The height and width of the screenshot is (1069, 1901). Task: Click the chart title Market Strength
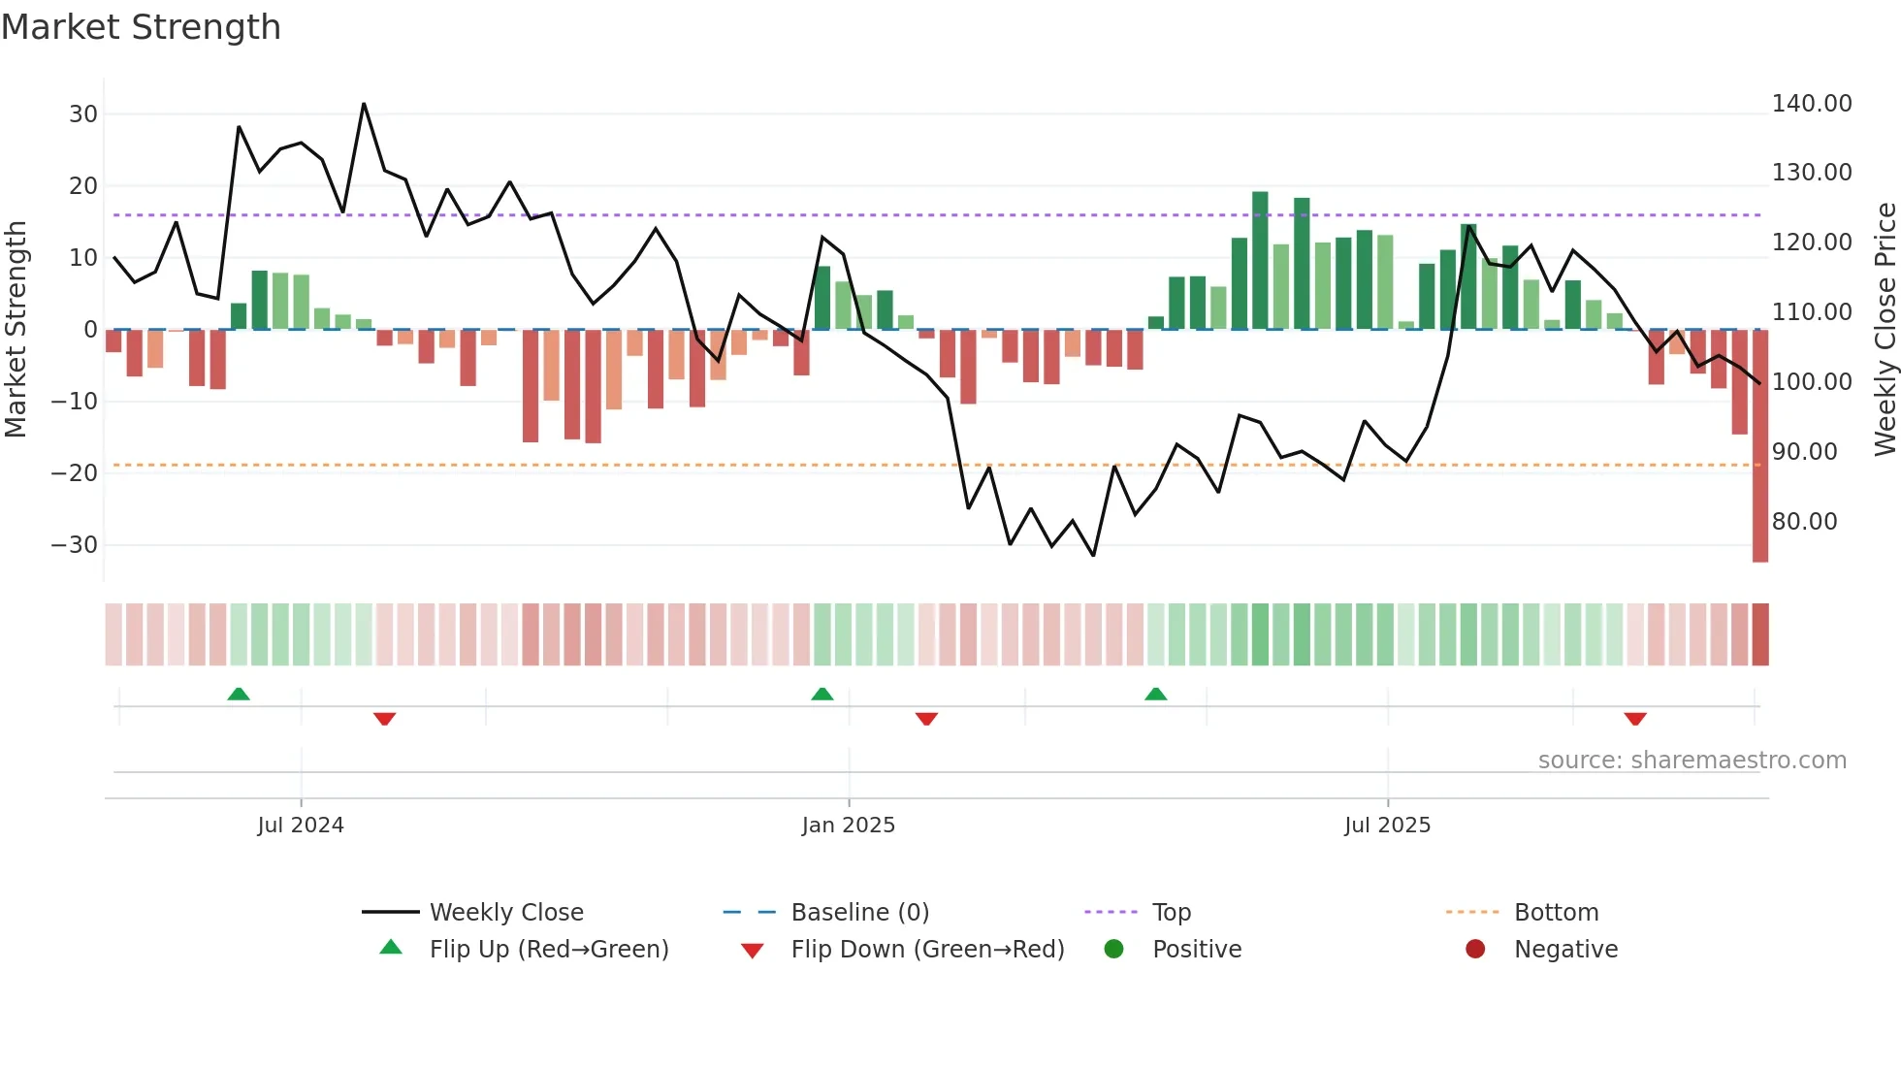pos(141,27)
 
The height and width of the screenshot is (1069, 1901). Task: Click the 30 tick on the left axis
pos(83,114)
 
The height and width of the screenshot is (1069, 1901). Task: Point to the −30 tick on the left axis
pos(75,545)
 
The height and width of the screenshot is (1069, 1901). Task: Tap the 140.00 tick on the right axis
pos(1811,104)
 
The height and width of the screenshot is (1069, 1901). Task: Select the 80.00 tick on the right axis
pos(1804,522)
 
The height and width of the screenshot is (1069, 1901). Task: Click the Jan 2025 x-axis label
pos(848,826)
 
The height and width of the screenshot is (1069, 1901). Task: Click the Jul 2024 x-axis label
pos(301,826)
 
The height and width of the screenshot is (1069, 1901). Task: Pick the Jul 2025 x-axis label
pos(1387,826)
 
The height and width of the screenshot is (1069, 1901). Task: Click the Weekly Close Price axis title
pos(1885,330)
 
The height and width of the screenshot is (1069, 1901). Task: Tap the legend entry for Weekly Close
pos(505,913)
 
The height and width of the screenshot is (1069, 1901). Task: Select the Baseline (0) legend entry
pos(859,913)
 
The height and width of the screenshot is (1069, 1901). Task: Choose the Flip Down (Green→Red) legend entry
pos(926,950)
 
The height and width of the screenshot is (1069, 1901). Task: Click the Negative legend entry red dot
pos(1475,949)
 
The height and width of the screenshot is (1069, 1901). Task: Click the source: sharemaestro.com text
pos(1692,761)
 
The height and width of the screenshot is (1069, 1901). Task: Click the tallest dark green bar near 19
pos(1260,260)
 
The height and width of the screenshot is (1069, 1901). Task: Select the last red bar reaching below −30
pos(1759,446)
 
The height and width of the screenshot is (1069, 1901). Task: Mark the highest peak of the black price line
pos(364,104)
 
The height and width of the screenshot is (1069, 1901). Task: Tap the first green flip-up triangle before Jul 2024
pos(239,694)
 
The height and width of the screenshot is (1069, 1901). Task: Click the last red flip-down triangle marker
pos(1635,719)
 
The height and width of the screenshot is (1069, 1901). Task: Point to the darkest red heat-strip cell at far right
pos(1759,634)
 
